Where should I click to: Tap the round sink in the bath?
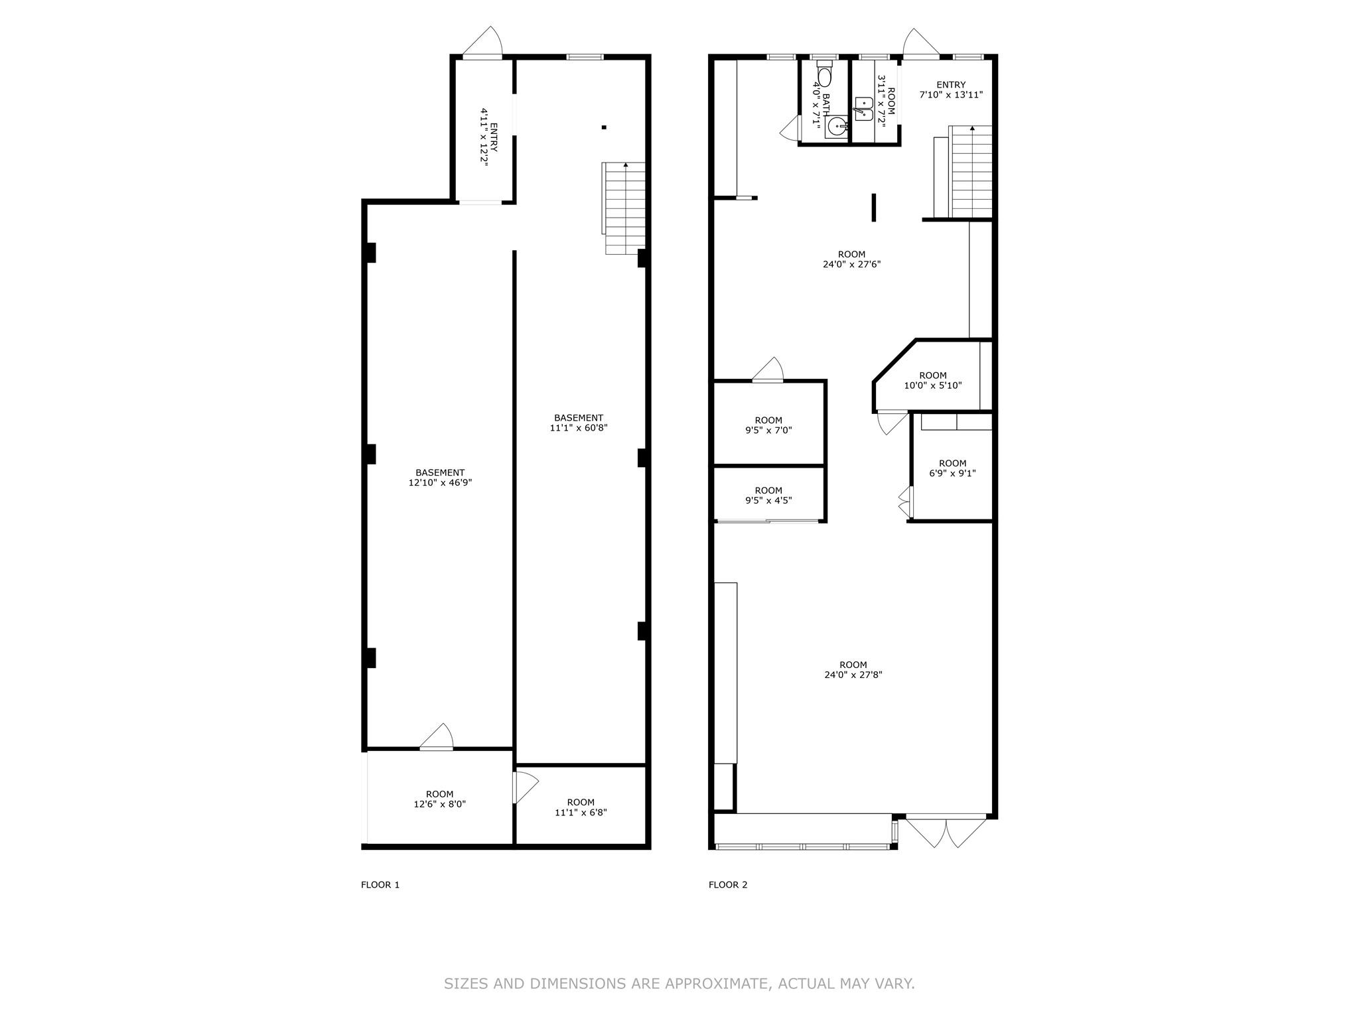837,126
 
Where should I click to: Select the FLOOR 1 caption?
380,884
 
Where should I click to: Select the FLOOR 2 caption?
728,884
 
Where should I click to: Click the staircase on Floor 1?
625,208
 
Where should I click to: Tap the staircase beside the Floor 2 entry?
971,171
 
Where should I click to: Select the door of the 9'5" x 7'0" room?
768,370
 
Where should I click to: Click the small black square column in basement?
604,127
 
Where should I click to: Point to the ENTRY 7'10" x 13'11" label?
950,90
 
